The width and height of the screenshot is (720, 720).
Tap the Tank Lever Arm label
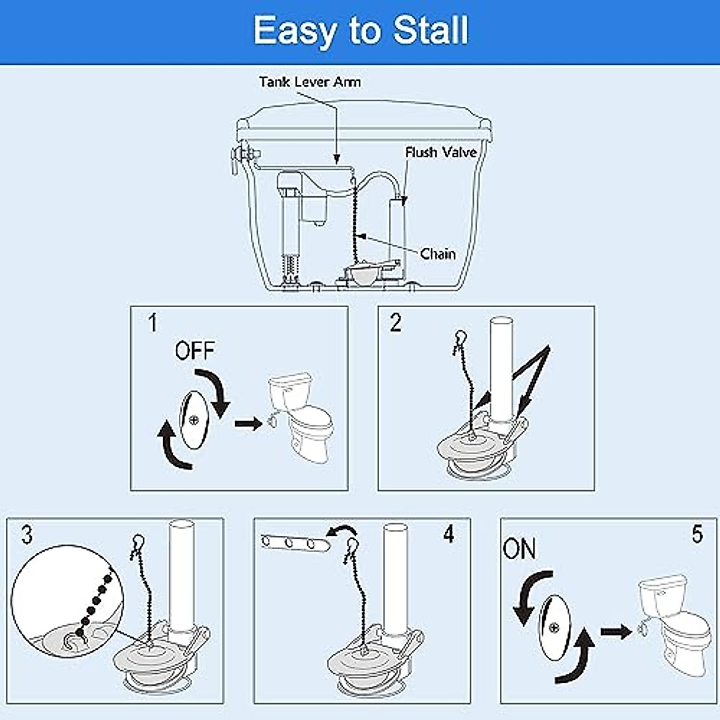coord(310,82)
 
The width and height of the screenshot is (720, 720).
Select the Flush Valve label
coord(441,152)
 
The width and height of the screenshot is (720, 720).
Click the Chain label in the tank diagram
coord(437,254)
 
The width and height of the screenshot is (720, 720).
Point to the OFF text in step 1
coord(194,350)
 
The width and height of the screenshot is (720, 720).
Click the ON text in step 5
coord(520,549)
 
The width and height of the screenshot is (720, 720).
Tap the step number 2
coord(395,323)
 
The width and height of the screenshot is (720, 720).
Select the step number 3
coord(26,534)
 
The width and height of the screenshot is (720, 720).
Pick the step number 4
coord(449,533)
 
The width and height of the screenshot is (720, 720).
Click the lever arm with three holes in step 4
coord(295,543)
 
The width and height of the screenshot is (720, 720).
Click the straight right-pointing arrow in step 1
coord(248,424)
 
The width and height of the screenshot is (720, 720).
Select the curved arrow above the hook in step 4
coord(343,530)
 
